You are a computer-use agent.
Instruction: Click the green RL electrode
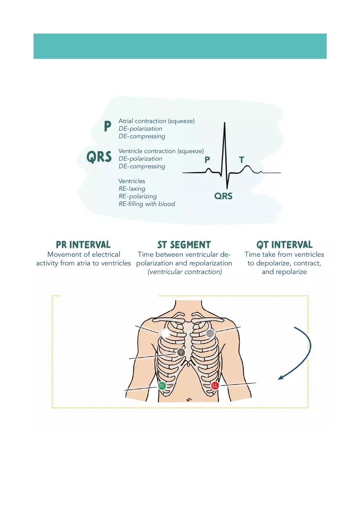[x=162, y=386]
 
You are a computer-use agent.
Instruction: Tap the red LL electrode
[x=215, y=385]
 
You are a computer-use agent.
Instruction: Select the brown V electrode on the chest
[x=181, y=352]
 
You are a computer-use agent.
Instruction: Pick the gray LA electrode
[x=210, y=333]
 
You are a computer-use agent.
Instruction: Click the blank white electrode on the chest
[x=166, y=333]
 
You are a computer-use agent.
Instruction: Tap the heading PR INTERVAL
[x=83, y=245]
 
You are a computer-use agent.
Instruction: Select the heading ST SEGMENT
[x=184, y=245]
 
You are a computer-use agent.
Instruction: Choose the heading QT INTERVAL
[x=284, y=245]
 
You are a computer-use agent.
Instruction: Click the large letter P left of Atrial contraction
[x=108, y=127]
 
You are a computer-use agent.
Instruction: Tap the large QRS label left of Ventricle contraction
[x=99, y=157]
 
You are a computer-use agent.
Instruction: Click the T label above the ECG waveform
[x=242, y=160]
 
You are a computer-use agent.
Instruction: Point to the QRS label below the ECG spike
[x=223, y=196]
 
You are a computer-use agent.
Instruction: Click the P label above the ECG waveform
[x=207, y=160]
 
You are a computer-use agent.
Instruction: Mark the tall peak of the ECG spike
[x=224, y=123]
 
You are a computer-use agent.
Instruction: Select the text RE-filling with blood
[x=146, y=204]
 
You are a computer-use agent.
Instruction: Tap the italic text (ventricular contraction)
[x=184, y=272]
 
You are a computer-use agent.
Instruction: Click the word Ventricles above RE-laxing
[x=132, y=181]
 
